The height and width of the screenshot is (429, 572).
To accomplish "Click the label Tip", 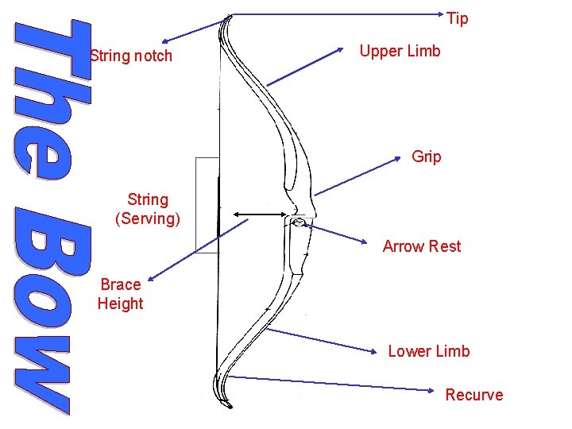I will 458,18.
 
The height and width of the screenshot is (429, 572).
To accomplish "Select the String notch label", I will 131,56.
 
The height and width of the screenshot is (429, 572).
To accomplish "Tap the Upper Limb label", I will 400,51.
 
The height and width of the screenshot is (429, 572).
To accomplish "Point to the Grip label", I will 427,157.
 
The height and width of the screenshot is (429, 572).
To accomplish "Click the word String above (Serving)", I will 148,199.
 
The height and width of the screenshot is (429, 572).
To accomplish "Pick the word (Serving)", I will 148,218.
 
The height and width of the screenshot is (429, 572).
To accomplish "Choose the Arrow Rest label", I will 421,246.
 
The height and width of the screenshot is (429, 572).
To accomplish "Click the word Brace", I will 121,284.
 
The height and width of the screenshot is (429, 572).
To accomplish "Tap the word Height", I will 121,303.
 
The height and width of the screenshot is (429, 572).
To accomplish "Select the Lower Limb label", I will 428,351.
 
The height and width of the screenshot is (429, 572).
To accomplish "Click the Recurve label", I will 474,395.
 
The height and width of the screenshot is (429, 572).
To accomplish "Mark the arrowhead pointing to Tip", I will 445,14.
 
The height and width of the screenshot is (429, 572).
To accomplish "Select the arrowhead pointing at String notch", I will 164,42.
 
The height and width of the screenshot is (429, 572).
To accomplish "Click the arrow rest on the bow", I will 298,223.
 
